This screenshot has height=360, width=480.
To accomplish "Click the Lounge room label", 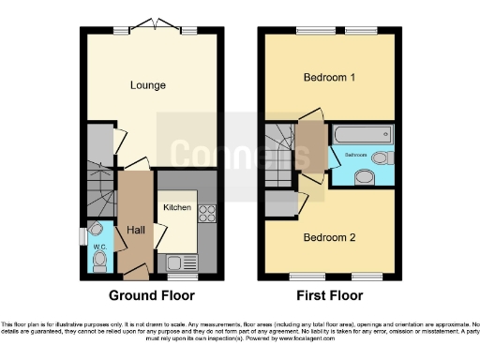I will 148,85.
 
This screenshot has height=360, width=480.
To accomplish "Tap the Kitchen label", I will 177,207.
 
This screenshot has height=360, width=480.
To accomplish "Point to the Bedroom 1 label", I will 329,78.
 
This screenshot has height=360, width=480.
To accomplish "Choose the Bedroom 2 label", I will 329,236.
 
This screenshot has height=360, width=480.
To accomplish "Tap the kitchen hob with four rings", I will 207,214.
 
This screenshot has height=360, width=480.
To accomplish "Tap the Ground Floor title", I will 151,295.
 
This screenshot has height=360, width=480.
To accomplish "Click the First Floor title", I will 330,295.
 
